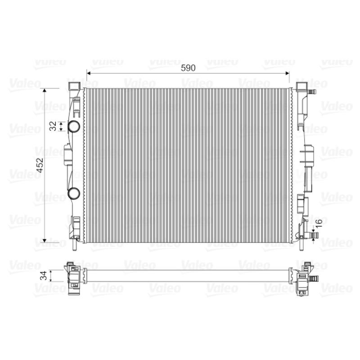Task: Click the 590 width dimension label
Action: [x=188, y=68]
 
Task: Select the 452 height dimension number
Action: [x=40, y=165]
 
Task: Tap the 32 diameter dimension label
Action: [x=53, y=126]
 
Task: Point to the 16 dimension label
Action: [x=319, y=223]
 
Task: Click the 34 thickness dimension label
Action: [x=44, y=275]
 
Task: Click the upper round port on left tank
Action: [x=74, y=126]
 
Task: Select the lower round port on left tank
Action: [x=74, y=193]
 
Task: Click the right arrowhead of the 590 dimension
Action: [x=287, y=73]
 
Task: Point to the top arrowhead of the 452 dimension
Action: [x=45, y=90]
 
